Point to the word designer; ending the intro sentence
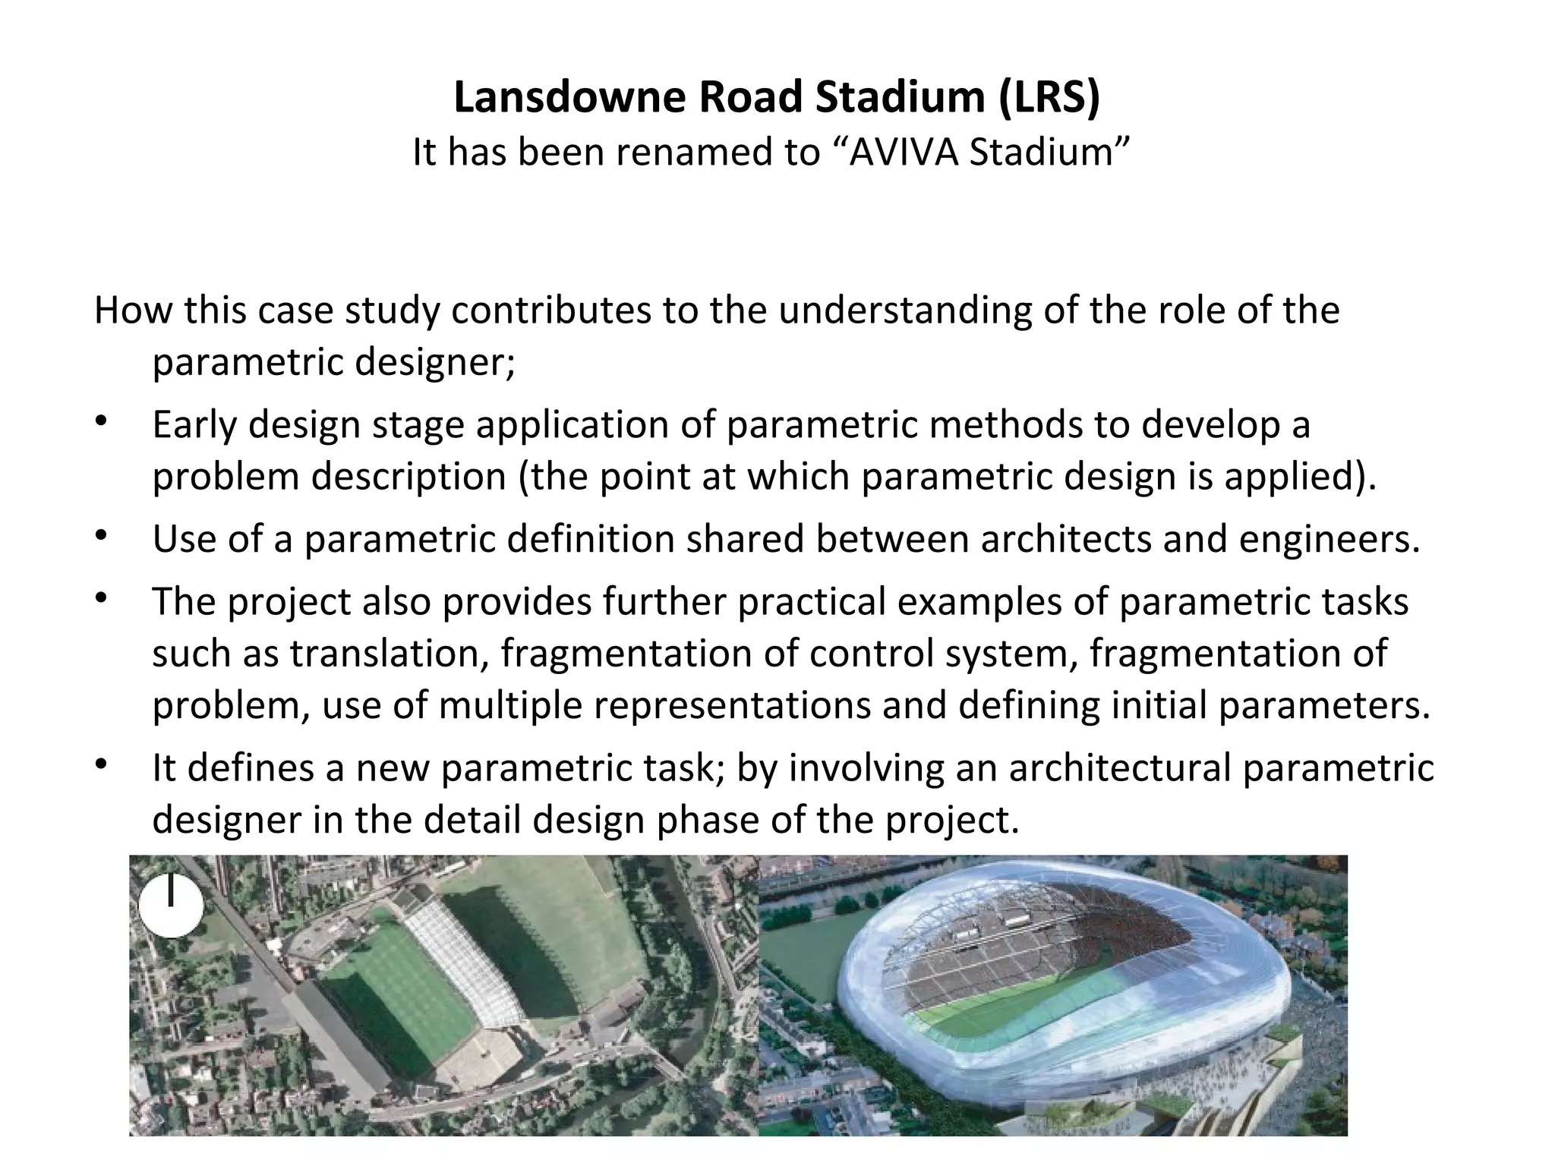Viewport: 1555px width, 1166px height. point(435,361)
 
